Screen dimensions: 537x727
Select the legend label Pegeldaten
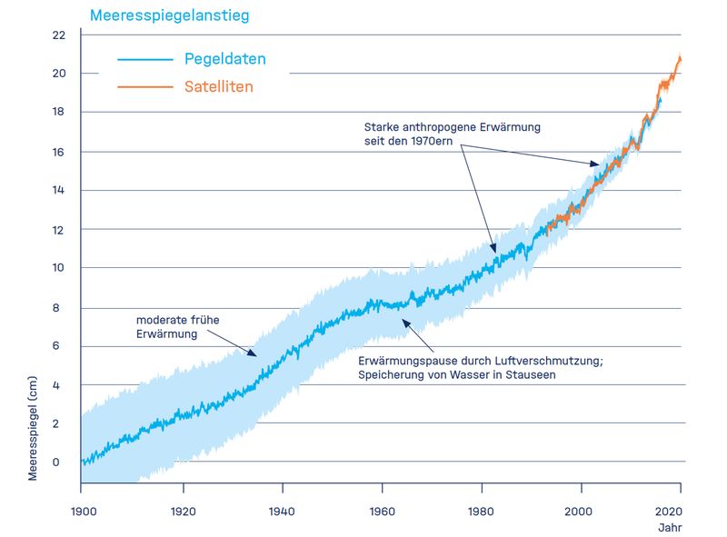click(224, 60)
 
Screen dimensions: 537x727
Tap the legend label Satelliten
click(218, 87)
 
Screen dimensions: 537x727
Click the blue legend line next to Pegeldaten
click(144, 60)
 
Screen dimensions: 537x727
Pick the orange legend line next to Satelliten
click(144, 87)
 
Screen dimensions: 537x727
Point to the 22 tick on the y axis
click(59, 35)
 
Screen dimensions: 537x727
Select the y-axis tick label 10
click(59, 268)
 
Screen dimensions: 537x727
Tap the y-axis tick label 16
click(59, 152)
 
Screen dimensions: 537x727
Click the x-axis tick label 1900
click(82, 512)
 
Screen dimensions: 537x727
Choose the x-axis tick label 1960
click(382, 512)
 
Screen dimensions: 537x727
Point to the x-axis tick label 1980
click(482, 512)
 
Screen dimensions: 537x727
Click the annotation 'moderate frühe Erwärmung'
click(177, 326)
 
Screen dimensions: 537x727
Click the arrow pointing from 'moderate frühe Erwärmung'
click(240, 347)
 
